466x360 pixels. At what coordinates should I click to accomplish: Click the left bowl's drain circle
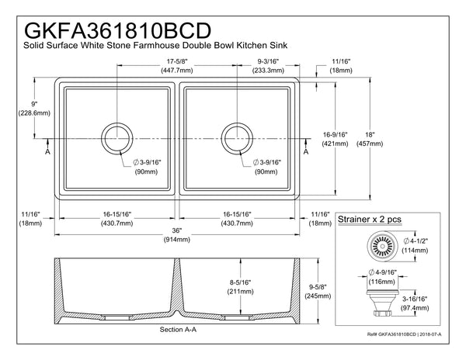118,137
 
